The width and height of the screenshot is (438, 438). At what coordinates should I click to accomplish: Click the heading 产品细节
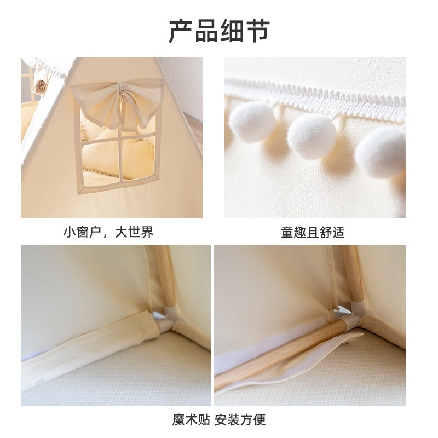tap(219, 31)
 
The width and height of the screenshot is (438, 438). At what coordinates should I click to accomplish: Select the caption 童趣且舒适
tap(313, 232)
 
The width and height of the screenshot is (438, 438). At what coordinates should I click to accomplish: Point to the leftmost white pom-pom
tap(252, 122)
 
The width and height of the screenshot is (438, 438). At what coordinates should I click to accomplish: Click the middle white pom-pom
tap(312, 136)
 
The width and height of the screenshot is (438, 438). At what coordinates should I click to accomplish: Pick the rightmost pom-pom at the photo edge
tap(382, 152)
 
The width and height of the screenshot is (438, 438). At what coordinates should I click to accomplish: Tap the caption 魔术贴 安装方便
tap(219, 420)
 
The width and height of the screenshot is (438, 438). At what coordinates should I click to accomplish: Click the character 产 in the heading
tap(181, 31)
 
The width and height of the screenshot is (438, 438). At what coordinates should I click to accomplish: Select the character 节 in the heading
tap(257, 31)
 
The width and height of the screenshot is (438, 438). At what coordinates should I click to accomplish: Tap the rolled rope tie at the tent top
tap(41, 86)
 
